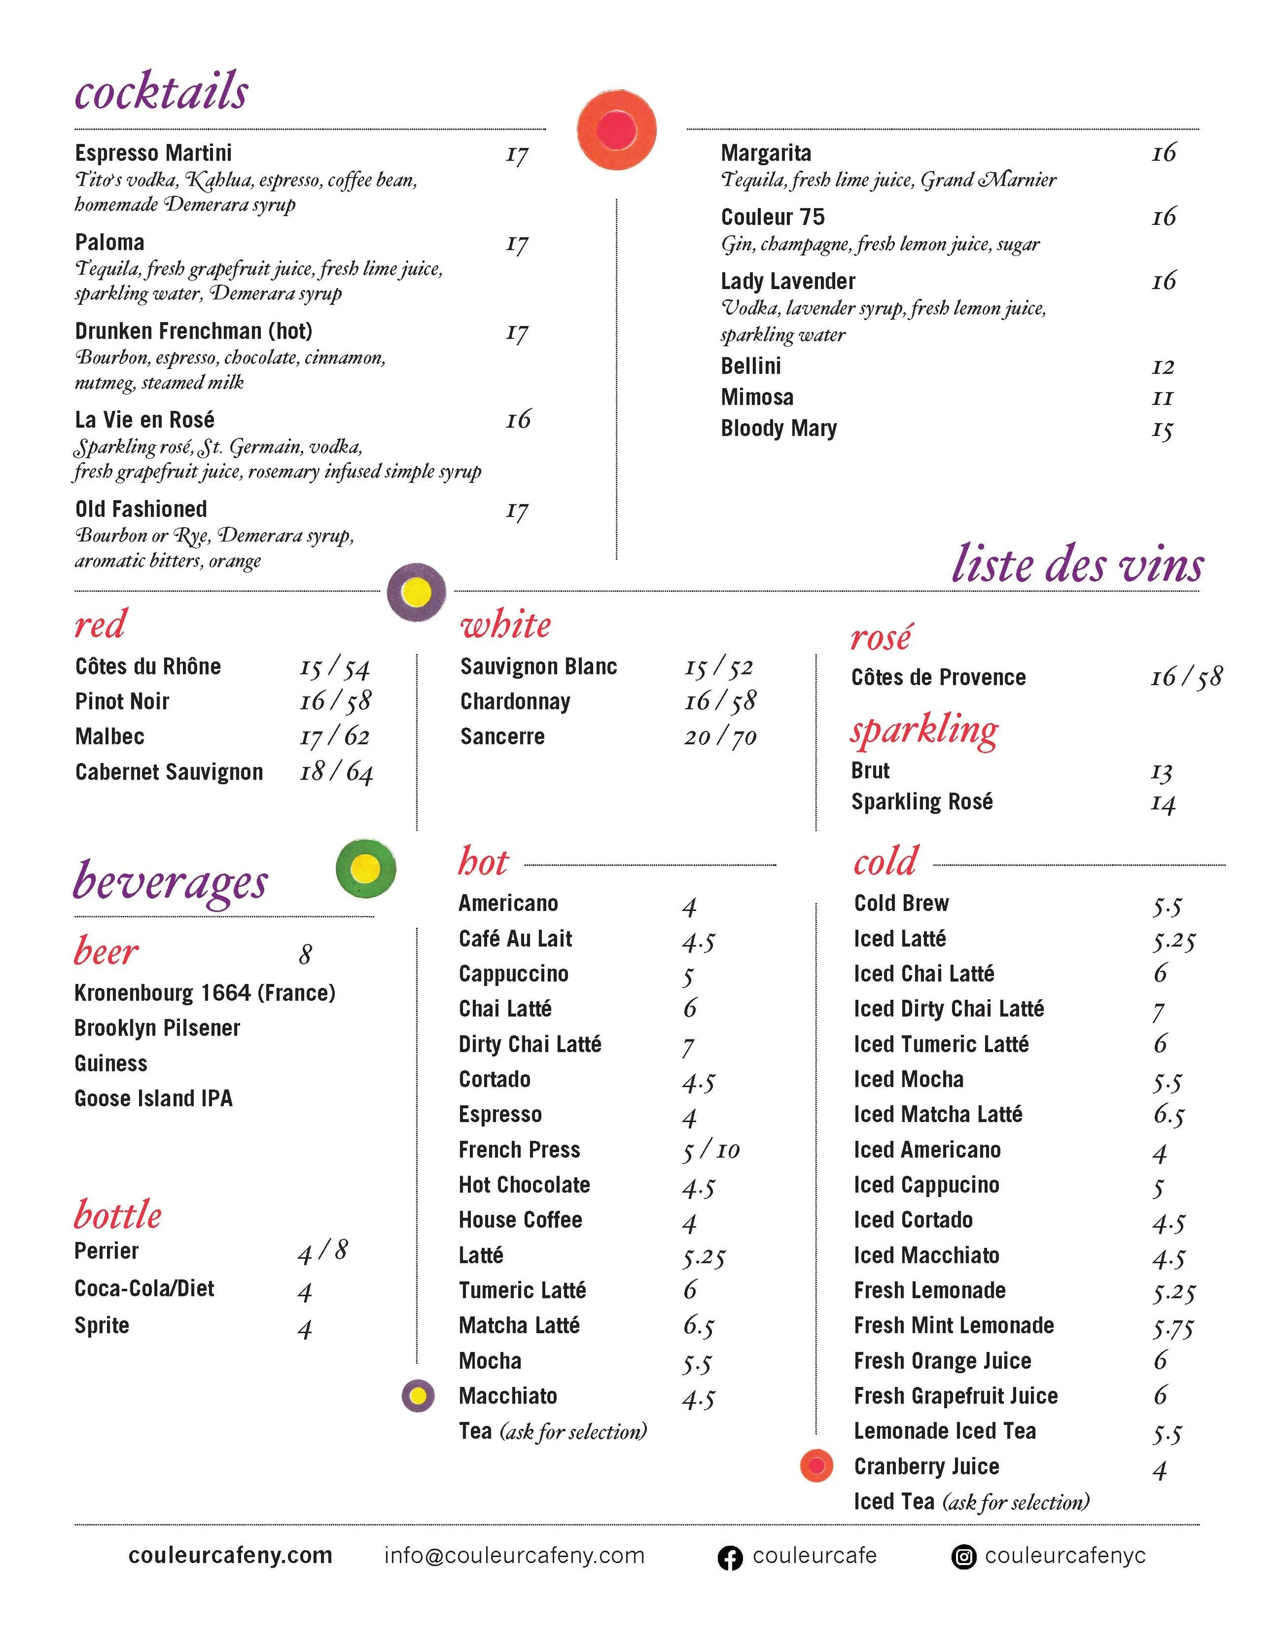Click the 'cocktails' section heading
(x=162, y=92)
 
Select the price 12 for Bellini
(x=1162, y=367)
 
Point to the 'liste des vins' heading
(x=1077, y=565)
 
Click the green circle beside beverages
(x=365, y=868)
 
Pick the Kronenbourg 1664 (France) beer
(x=204, y=993)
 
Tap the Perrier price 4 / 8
(x=323, y=1251)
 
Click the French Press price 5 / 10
(x=710, y=1151)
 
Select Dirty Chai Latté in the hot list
(x=529, y=1044)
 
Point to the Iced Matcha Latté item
(x=937, y=1114)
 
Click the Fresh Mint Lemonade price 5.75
(x=1173, y=1327)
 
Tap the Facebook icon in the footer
(x=729, y=1557)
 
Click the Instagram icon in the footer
(x=963, y=1557)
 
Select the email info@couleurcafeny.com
(x=514, y=1556)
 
